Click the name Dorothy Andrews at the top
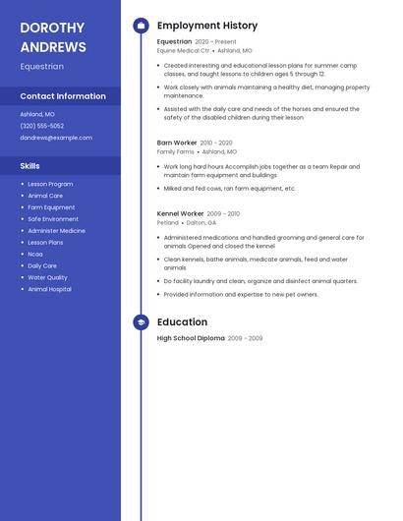point(53,36)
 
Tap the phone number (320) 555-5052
point(42,126)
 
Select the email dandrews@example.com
point(56,138)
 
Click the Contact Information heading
point(63,96)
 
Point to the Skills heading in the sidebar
point(30,166)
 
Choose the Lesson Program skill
point(50,184)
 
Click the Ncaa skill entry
point(35,254)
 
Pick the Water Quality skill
point(48,277)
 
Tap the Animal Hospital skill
point(50,289)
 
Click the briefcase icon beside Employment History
point(141,26)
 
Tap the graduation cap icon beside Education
point(141,322)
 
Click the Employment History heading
point(207,26)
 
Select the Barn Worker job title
point(177,143)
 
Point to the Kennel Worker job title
point(180,213)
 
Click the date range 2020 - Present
point(215,42)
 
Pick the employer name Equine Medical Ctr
point(183,50)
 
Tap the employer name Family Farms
point(175,152)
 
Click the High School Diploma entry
point(191,338)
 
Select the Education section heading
point(182,322)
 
